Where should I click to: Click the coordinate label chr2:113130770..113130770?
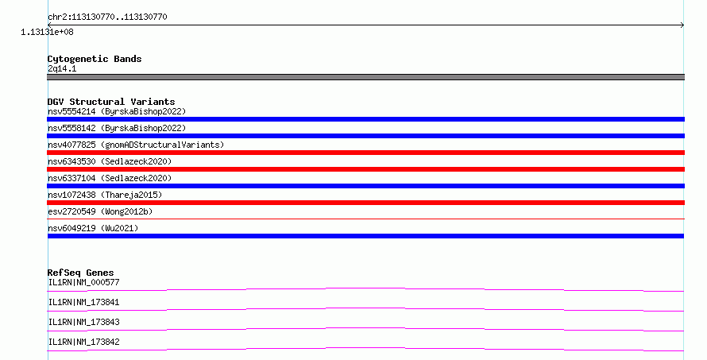[x=107, y=17]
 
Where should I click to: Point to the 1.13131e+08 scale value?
[x=47, y=32]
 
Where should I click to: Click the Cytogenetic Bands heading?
[x=95, y=59]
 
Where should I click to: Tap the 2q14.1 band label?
[x=62, y=68]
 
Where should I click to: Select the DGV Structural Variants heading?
[x=111, y=102]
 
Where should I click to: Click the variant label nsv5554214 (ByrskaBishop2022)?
[x=117, y=111]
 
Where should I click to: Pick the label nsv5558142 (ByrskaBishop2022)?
[x=117, y=128]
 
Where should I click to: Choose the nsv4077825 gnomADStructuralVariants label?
[x=136, y=145]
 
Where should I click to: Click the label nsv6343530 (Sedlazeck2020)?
[x=110, y=161]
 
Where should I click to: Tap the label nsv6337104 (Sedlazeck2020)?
[x=110, y=178]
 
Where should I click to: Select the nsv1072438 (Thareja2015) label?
[x=105, y=195]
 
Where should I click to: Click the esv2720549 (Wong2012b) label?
[x=100, y=211]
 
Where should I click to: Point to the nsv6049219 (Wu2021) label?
[x=93, y=228]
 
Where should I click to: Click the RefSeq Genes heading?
[x=81, y=273]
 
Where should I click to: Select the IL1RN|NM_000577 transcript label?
[x=84, y=282]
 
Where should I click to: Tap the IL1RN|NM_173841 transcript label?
[x=84, y=302]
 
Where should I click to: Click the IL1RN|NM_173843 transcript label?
[x=84, y=322]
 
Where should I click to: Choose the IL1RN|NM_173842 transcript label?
[x=84, y=342]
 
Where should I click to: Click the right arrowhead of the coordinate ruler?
[x=682, y=25]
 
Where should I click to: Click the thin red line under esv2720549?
[x=365, y=219]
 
